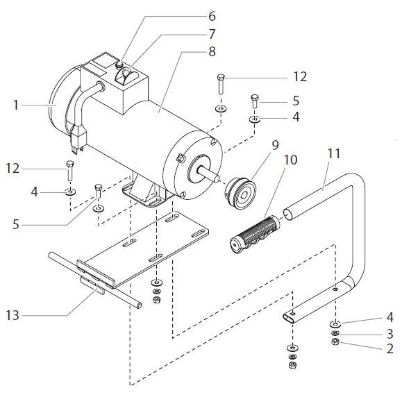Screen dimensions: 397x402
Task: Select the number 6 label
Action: point(212,15)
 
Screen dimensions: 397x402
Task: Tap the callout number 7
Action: point(212,33)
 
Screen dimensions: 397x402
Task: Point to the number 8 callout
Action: point(212,51)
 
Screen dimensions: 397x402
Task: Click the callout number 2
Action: point(390,349)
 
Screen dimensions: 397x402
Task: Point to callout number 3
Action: point(390,334)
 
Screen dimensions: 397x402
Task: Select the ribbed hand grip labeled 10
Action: point(256,230)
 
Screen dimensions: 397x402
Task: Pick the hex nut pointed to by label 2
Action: point(335,343)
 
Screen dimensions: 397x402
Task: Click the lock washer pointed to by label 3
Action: point(335,335)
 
